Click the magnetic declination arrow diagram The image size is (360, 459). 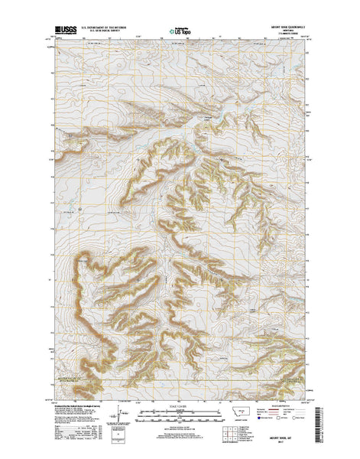click(x=118, y=411)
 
